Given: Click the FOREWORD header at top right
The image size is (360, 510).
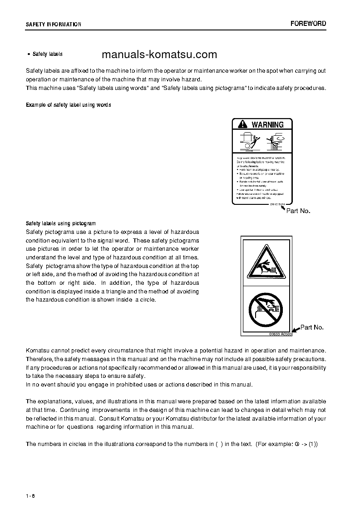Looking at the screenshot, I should pos(308,24).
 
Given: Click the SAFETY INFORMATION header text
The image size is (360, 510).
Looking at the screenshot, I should pos(54,25).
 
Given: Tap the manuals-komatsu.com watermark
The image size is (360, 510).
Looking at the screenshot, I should pos(159,55).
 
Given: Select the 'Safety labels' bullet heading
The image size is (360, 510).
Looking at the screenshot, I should pos(47,54).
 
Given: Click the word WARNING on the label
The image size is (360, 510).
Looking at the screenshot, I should pos(267,124).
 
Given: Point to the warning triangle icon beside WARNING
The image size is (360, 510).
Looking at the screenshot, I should pos(242,124).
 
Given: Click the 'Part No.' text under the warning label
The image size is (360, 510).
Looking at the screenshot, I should pos(298,211).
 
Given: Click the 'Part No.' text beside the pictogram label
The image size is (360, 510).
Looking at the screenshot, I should pos(312,327).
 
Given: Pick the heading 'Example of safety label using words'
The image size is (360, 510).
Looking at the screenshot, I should pos(69,105).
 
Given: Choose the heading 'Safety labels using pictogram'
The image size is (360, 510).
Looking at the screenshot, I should pos(61,223).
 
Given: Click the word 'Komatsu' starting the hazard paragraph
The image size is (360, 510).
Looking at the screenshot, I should pos(38,351).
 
